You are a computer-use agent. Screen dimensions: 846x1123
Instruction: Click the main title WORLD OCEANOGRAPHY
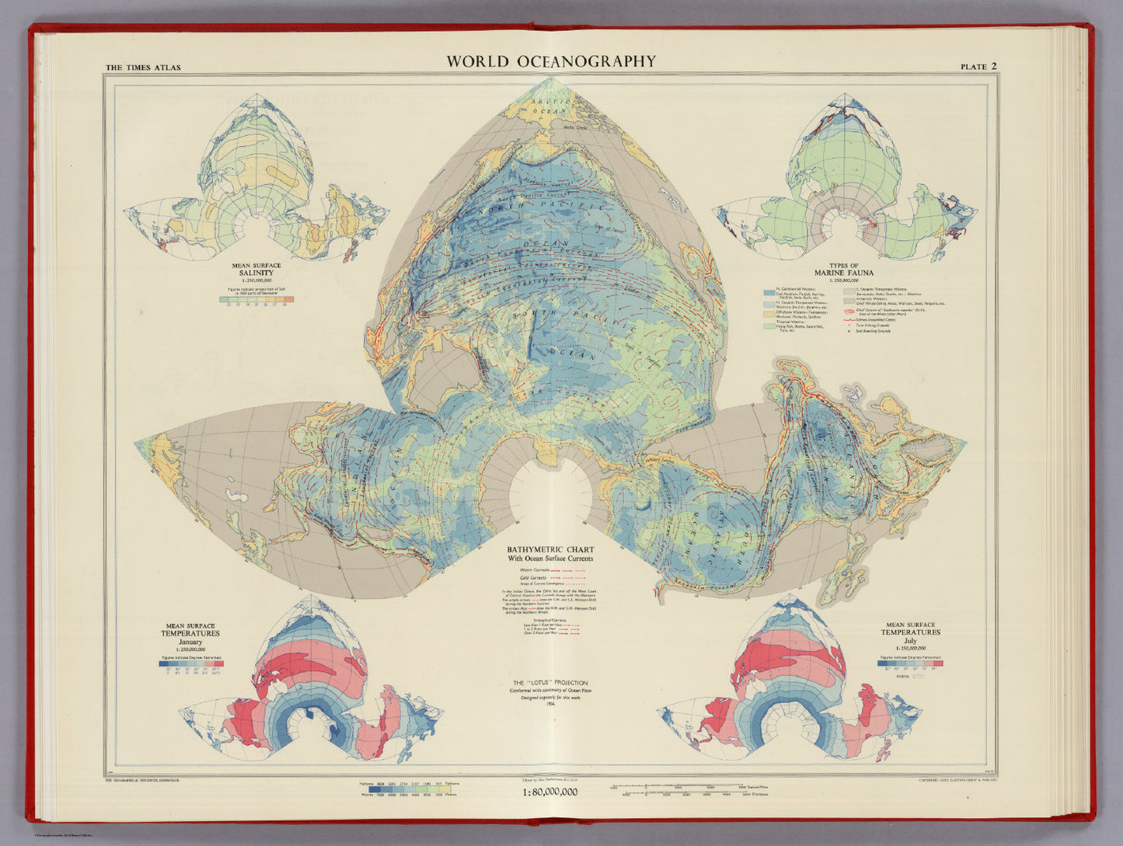[x=550, y=61]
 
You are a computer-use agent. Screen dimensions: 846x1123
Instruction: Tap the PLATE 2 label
[x=978, y=67]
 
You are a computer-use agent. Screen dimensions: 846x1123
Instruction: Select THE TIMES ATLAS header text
[x=143, y=68]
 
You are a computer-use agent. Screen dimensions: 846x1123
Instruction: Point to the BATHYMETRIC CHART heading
[x=550, y=549]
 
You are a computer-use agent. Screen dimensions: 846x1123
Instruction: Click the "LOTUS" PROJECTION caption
[x=550, y=682]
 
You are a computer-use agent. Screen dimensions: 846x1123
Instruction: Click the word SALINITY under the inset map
[x=256, y=273]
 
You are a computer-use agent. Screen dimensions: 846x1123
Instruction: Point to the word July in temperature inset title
[x=910, y=641]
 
